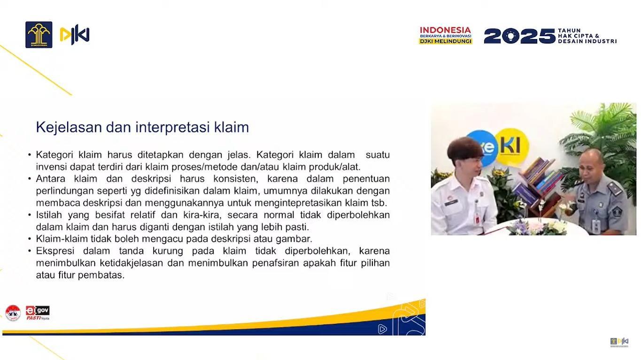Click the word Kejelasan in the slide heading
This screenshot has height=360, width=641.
point(69,128)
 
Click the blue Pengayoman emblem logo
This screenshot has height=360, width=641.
point(39,35)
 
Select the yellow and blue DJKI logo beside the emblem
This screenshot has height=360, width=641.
point(74,35)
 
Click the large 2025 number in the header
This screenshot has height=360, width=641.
point(519,36)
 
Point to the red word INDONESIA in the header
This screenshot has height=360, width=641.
point(445,30)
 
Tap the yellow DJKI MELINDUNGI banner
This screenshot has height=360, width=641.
point(445,41)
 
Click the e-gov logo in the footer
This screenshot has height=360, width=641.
point(38,313)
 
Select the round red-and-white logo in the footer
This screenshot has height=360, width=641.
point(13,313)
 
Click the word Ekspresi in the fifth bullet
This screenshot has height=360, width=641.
point(55,251)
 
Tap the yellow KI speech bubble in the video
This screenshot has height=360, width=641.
point(512,147)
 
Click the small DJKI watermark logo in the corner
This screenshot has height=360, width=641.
point(619,342)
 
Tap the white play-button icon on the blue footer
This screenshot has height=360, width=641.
point(382,329)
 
